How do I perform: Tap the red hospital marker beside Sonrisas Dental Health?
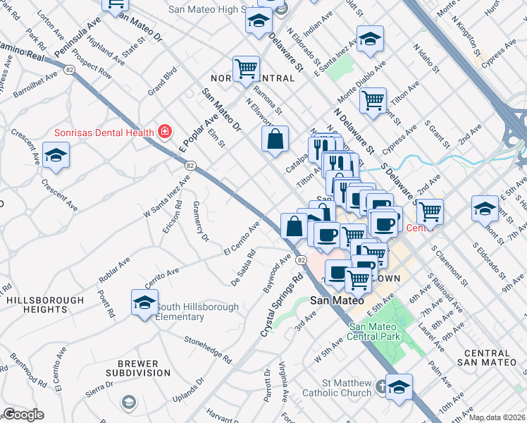point(165,132)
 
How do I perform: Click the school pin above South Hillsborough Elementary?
point(144,303)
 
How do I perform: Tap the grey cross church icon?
point(381,386)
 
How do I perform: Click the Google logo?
point(23,415)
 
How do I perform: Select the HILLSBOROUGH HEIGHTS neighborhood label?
point(45,305)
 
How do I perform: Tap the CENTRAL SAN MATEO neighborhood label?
point(496,357)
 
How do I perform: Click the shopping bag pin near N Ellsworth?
point(275,138)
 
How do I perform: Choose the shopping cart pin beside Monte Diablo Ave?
point(373,99)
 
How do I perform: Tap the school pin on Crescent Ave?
point(56,156)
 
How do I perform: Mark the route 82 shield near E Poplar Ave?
point(190,165)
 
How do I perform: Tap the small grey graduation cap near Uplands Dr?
point(128,402)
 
